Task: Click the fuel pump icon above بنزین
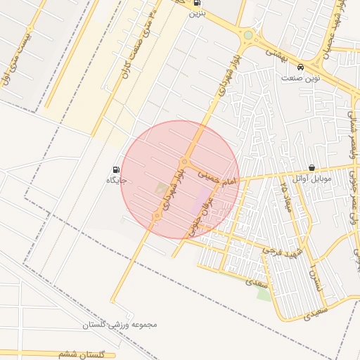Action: pos(196,4)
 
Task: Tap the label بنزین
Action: pos(196,14)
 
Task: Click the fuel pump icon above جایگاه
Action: pos(116,169)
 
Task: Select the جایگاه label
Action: pos(116,181)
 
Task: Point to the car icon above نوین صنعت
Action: pos(301,67)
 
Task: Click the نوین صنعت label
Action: pos(300,78)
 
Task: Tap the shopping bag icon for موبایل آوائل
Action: pos(311,168)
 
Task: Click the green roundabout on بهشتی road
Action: pos(247,34)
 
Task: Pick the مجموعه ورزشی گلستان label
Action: pos(119,325)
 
